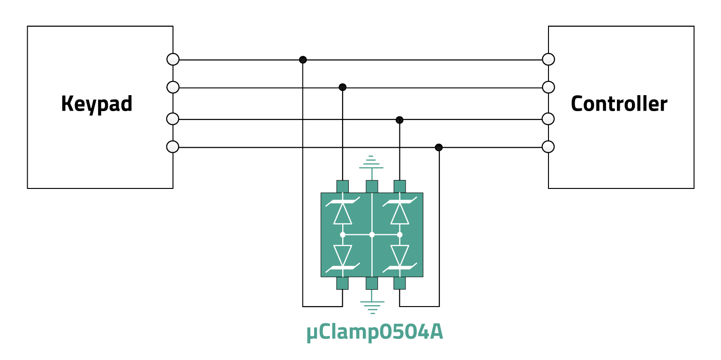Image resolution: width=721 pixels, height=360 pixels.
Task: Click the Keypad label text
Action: (x=97, y=104)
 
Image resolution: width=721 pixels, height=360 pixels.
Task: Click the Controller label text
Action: (x=619, y=104)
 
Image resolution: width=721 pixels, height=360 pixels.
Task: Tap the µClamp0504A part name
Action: (x=375, y=332)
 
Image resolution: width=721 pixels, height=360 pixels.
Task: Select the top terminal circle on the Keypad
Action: (x=173, y=60)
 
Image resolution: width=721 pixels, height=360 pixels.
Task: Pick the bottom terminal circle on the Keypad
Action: (x=173, y=147)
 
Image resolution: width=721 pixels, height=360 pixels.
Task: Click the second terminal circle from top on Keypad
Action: (x=173, y=87)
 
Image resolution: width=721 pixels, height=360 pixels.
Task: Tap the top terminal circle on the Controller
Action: (x=548, y=60)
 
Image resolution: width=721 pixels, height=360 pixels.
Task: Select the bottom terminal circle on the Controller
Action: (x=548, y=147)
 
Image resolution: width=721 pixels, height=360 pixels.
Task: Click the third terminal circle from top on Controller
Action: (x=548, y=119)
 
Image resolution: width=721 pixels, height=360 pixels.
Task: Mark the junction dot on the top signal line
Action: (x=303, y=60)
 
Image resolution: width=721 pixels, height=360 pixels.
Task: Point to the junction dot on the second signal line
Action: (x=343, y=87)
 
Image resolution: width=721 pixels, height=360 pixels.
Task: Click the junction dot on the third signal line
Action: (x=399, y=120)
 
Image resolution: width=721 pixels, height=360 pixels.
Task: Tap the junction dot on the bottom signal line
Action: (x=439, y=148)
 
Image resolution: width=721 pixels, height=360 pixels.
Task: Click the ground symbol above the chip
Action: (x=371, y=162)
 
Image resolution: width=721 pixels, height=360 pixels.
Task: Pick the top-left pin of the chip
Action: (x=343, y=187)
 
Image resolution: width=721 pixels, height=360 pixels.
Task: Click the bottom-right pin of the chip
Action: (x=399, y=283)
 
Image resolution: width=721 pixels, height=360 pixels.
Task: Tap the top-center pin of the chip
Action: (x=372, y=187)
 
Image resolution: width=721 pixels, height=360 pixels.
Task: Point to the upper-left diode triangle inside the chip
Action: (x=343, y=214)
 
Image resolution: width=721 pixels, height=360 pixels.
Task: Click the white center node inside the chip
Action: (x=372, y=234)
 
